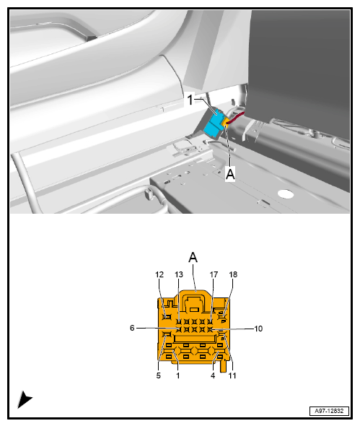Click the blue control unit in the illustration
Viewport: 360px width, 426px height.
pyautogui.click(x=214, y=123)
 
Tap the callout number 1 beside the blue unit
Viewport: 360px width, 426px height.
pyautogui.click(x=190, y=100)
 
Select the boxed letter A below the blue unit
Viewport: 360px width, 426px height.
pyautogui.click(x=230, y=174)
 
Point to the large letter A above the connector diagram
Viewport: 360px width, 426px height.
pyautogui.click(x=193, y=256)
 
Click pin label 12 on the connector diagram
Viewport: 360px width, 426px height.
pyautogui.click(x=159, y=274)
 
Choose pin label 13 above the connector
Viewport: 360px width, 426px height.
pyautogui.click(x=179, y=274)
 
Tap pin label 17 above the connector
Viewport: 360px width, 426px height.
pyautogui.click(x=214, y=274)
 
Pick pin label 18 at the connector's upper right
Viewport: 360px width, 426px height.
pyautogui.click(x=233, y=274)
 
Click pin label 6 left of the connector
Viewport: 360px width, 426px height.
pyautogui.click(x=132, y=328)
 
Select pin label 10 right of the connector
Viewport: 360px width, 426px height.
pyautogui.click(x=258, y=329)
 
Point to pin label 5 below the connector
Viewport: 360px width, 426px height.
pyautogui.click(x=159, y=375)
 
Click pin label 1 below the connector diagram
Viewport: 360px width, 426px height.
pyautogui.click(x=178, y=375)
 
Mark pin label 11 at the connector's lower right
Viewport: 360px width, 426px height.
pyautogui.click(x=232, y=375)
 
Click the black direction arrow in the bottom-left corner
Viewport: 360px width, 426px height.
pyautogui.click(x=25, y=399)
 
